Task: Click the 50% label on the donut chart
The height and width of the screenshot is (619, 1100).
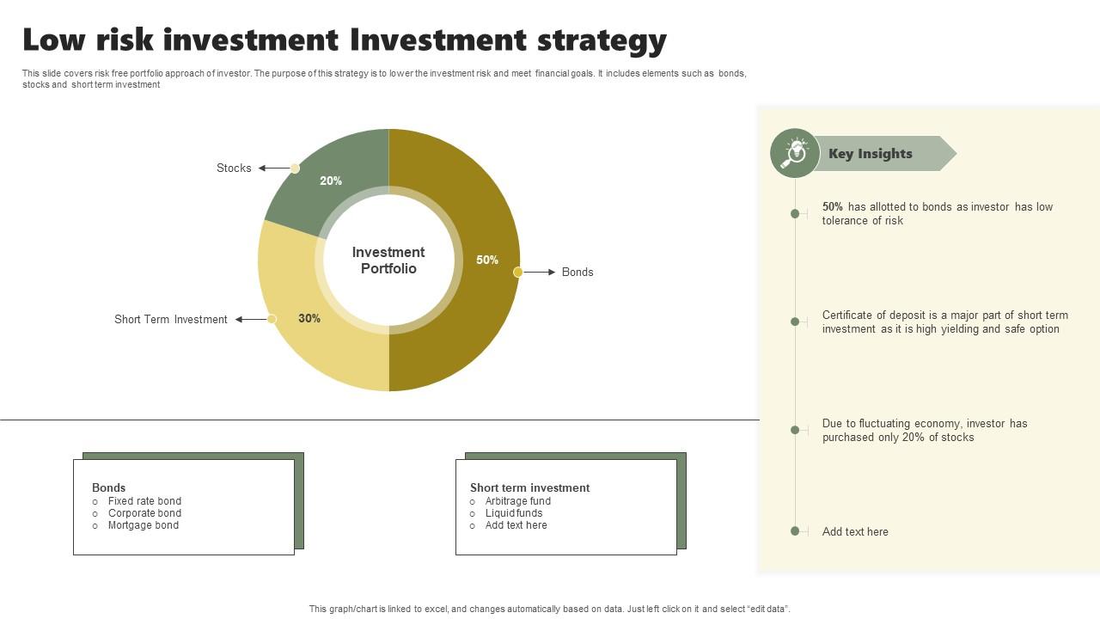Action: click(x=487, y=260)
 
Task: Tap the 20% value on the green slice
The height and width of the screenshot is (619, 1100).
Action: click(x=331, y=181)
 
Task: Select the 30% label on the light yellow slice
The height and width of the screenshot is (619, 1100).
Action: click(x=309, y=318)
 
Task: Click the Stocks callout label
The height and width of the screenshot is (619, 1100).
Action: click(x=234, y=169)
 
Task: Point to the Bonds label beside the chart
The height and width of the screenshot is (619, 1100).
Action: click(x=577, y=272)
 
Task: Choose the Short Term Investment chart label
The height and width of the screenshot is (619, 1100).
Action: click(x=171, y=319)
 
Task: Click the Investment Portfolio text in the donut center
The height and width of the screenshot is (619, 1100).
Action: click(x=388, y=260)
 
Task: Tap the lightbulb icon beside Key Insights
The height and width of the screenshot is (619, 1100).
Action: click(x=795, y=153)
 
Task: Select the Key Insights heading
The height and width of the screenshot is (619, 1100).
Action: click(x=871, y=154)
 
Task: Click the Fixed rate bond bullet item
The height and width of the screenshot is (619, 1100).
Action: click(x=144, y=501)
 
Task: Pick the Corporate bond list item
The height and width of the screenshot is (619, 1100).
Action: click(x=144, y=513)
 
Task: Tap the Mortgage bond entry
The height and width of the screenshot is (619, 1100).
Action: click(x=144, y=525)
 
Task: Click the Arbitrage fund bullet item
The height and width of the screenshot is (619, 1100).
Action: click(x=518, y=501)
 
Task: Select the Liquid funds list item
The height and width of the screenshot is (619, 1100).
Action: click(x=514, y=513)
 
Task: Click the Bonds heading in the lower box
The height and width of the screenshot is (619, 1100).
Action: click(x=109, y=487)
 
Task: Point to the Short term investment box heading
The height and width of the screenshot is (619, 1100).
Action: click(x=529, y=487)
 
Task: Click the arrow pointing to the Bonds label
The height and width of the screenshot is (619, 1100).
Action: click(x=541, y=272)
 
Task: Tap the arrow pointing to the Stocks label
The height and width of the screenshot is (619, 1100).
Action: click(x=274, y=169)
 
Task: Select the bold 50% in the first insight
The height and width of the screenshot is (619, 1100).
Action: click(x=833, y=207)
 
